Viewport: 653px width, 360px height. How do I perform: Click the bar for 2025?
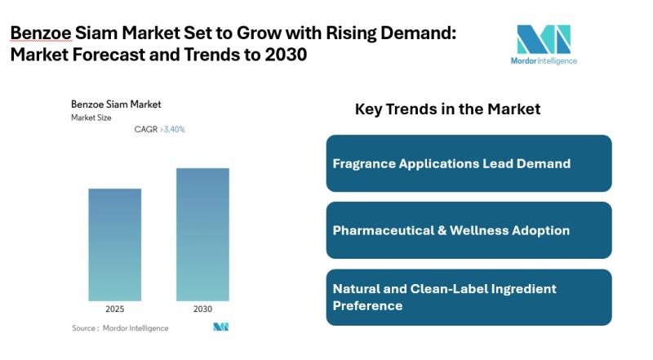114,244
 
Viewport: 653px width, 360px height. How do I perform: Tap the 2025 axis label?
114,309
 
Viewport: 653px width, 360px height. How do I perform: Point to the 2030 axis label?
202,309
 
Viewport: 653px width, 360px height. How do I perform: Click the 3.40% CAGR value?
173,129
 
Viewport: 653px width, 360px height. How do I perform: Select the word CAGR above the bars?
145,129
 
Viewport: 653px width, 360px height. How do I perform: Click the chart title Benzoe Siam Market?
116,104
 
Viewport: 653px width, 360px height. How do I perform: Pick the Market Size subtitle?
91,118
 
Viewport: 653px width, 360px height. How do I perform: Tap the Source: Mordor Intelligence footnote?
120,328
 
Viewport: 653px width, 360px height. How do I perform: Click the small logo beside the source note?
220,327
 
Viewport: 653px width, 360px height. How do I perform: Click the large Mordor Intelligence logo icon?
544,38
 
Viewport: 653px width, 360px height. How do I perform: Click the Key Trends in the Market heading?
447,109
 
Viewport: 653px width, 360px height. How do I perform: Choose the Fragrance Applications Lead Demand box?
469,163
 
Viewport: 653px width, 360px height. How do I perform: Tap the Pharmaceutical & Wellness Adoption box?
469,230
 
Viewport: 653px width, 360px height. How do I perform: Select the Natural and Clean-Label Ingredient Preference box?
469,297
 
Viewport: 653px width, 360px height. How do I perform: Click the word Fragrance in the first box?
364,163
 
